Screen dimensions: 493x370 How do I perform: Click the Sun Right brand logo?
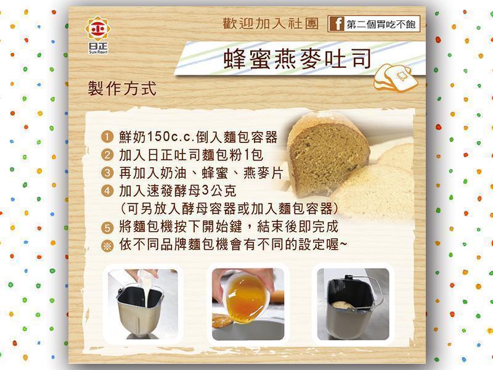point(98,35)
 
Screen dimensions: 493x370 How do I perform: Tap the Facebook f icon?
point(337,24)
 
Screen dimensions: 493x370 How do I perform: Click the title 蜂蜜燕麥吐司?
point(297,59)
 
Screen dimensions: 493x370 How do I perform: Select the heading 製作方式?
point(122,88)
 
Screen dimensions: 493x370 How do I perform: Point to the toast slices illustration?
point(396,78)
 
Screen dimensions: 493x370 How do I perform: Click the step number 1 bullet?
point(107,137)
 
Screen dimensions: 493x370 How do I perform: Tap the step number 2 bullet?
point(107,155)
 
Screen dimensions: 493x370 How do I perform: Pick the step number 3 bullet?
point(107,173)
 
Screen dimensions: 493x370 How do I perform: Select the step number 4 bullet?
point(107,191)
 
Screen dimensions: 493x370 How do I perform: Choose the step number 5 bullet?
point(107,227)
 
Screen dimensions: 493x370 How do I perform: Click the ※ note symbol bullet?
point(107,245)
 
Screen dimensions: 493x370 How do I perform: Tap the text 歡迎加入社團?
point(271,24)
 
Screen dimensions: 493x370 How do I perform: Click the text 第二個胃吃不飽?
point(381,24)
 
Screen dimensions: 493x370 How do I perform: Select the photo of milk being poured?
point(143,304)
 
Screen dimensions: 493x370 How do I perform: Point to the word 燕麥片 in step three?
point(263,173)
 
